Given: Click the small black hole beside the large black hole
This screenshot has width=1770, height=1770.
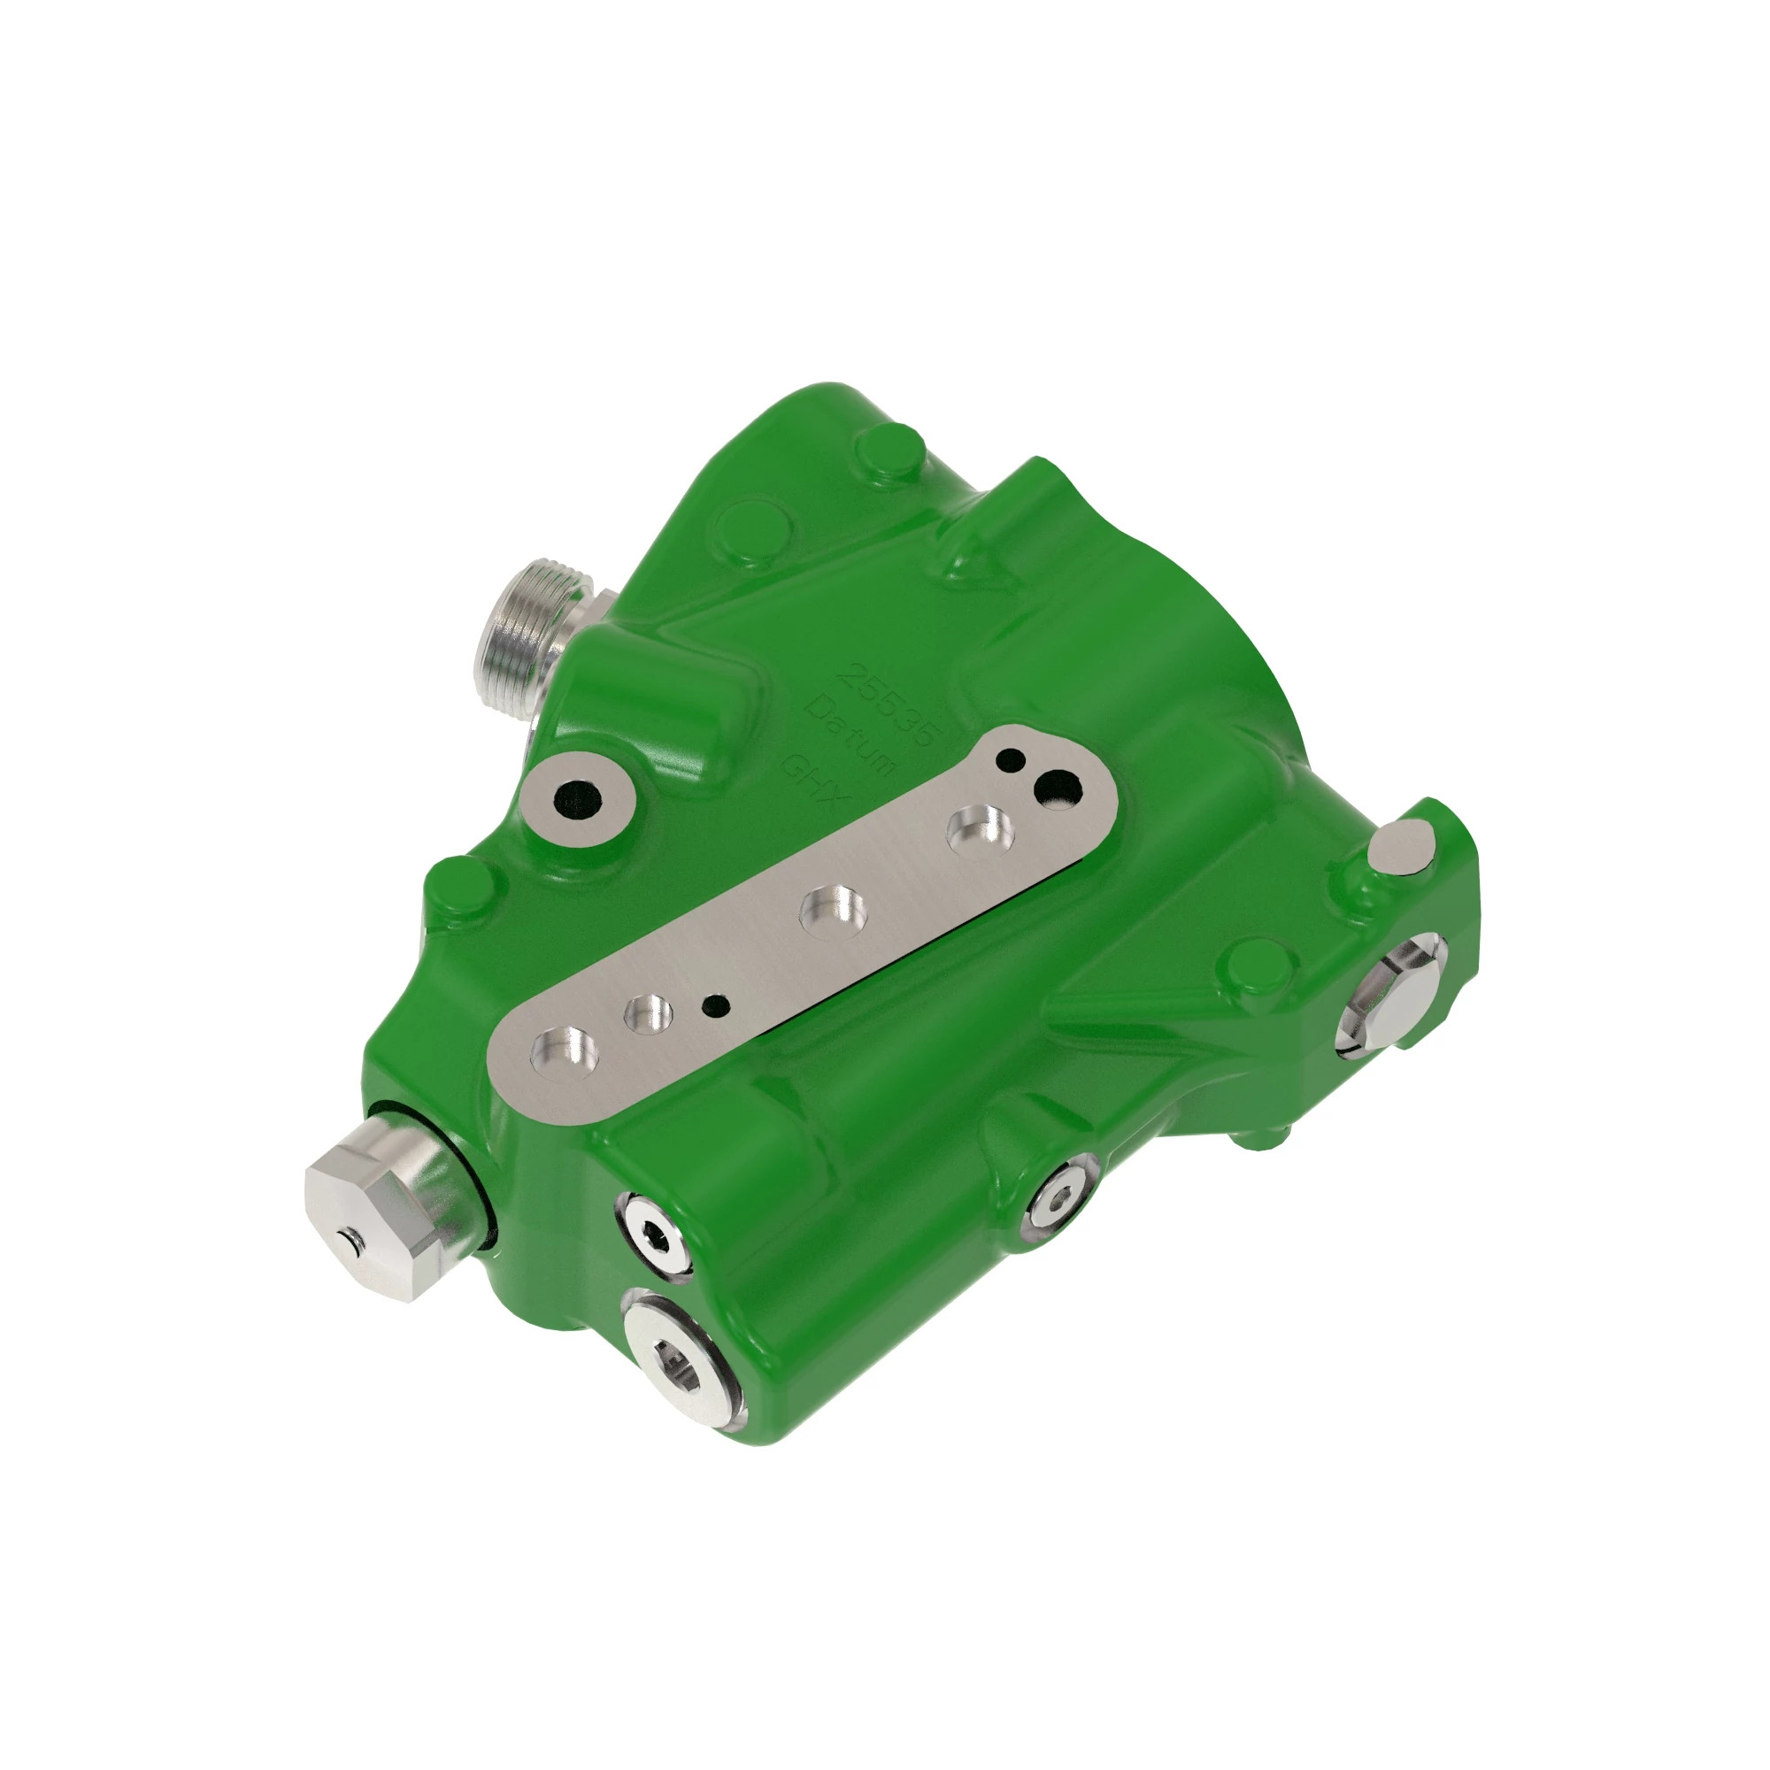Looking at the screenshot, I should (1011, 759).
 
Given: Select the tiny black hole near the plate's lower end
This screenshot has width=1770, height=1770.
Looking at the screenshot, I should (714, 1006).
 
